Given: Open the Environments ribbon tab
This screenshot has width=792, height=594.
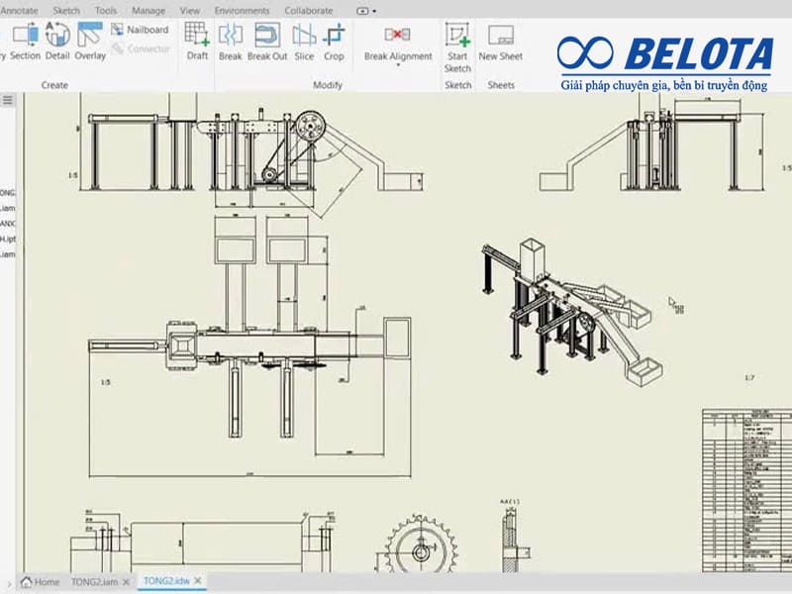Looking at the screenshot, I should tap(242, 10).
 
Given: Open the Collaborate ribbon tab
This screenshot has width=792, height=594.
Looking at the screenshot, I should tap(309, 10).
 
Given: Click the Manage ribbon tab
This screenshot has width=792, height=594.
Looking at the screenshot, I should tap(148, 10).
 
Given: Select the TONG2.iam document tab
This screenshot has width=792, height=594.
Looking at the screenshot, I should tap(94, 581).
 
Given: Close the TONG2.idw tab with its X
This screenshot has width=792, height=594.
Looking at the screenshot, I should tap(198, 581).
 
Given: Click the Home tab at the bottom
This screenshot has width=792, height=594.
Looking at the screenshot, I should tap(41, 581).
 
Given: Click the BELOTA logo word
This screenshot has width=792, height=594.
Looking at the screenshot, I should tap(699, 55).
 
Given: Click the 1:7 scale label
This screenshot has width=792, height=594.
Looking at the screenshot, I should tap(750, 378).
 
